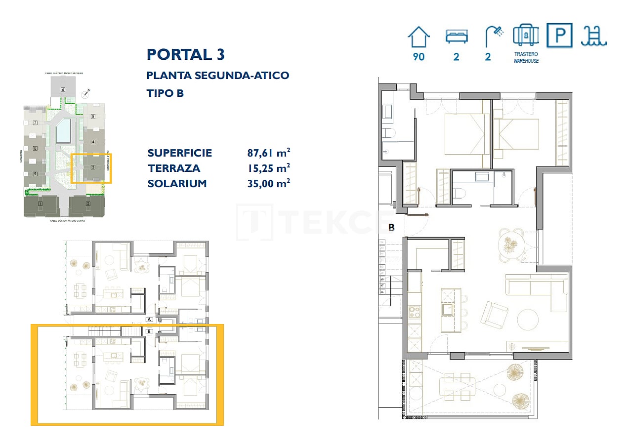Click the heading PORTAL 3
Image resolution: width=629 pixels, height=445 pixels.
point(186,54)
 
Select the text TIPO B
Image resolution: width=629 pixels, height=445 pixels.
point(165,93)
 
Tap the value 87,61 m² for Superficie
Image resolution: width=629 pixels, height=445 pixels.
point(268,153)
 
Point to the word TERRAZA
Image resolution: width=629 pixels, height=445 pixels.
point(174,168)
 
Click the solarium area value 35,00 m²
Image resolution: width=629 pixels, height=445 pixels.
point(268,183)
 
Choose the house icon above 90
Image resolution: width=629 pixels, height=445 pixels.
point(419,36)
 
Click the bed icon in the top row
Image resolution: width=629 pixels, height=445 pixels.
point(456,37)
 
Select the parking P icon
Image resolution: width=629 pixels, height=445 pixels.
point(559,36)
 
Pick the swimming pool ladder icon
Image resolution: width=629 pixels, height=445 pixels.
point(593,36)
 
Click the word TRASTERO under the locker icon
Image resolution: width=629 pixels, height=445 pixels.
point(526,54)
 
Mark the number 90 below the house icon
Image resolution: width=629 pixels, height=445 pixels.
point(419,57)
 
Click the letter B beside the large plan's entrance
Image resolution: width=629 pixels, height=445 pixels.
point(391,228)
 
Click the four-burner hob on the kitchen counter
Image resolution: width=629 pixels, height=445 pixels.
point(414,312)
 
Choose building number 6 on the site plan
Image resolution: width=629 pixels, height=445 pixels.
point(63,89)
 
